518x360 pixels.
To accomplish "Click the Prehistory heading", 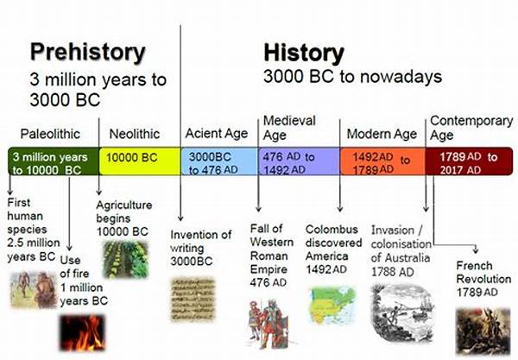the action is [x=87, y=52].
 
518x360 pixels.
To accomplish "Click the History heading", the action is [x=304, y=53].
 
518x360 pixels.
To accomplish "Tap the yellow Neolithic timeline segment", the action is [x=140, y=161].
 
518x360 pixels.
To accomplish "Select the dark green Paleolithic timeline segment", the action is [x=54, y=161].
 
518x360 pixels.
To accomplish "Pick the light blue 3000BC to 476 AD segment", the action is [x=219, y=161].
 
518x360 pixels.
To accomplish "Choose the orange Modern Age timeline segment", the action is [x=382, y=161].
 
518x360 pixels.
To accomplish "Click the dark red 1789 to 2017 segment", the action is [x=469, y=161].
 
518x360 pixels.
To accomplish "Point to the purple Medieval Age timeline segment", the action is [x=299, y=161].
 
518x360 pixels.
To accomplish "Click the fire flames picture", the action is [x=82, y=332].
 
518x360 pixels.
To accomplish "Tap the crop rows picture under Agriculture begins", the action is [x=125, y=259].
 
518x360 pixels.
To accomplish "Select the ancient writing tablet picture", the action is [x=193, y=300].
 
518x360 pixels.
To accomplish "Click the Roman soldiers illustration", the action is [x=268, y=324].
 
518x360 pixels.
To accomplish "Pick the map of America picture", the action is [x=332, y=306].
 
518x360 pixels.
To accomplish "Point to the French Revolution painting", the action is [x=483, y=331].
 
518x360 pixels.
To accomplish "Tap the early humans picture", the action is [x=34, y=290].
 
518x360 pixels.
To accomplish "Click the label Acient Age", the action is [x=217, y=134].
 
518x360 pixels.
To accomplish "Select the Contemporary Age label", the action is [x=471, y=128].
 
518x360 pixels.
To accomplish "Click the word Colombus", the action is [x=332, y=230].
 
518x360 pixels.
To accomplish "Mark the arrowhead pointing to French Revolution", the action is [x=476, y=250].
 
